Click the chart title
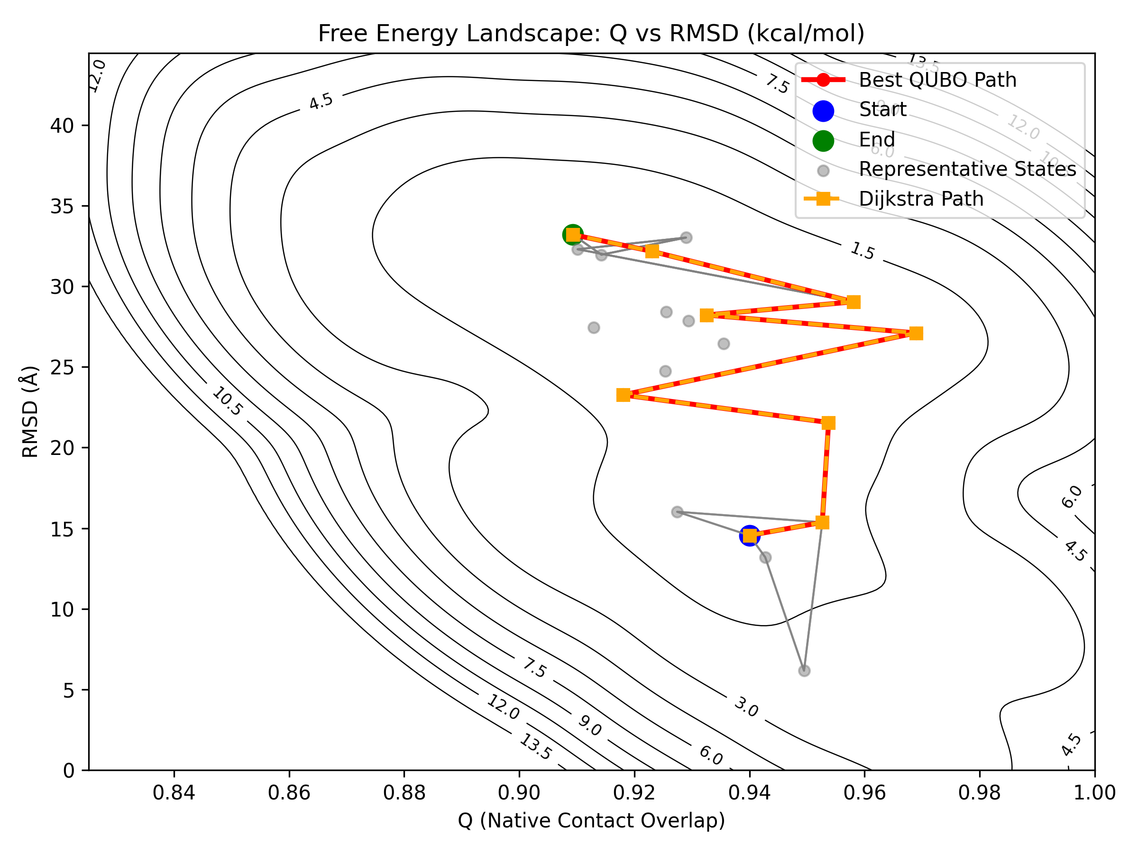point(591,34)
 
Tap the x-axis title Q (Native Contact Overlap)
point(591,820)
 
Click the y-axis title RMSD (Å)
point(30,411)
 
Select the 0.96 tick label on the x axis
point(864,793)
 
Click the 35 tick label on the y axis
point(62,207)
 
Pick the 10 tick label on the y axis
point(62,610)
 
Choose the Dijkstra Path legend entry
point(921,199)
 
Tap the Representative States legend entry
point(967,169)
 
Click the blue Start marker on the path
point(750,536)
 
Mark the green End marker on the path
point(573,235)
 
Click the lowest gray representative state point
point(804,671)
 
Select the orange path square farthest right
point(916,334)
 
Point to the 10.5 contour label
point(227,401)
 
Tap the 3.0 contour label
point(745,707)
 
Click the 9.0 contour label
point(589,726)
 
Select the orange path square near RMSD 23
point(624,395)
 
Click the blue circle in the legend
point(823,110)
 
